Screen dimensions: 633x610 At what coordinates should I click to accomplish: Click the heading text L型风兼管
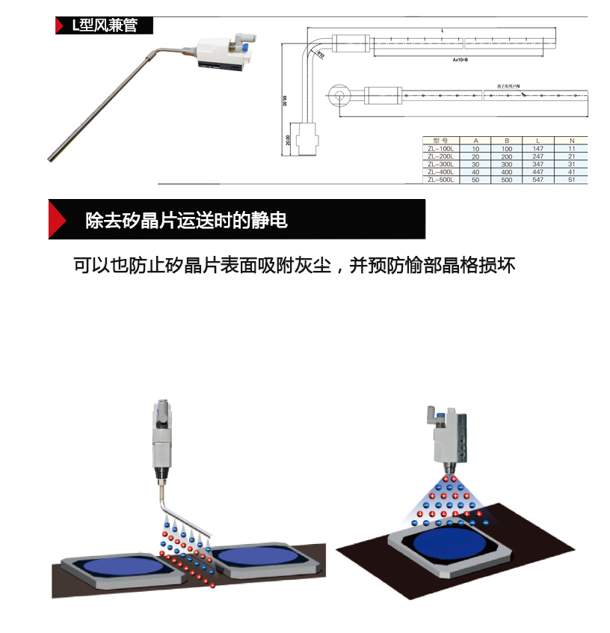tap(104, 25)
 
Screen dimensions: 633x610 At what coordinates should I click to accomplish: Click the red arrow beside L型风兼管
tap(60, 25)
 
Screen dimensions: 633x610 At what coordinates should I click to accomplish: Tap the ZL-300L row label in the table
tap(440, 164)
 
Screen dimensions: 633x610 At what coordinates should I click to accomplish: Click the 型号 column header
tap(440, 140)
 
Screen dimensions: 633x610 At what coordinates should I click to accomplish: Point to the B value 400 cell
tap(507, 172)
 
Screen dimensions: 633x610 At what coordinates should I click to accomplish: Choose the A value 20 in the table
tap(475, 156)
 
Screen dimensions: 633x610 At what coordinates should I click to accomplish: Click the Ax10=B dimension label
tap(460, 59)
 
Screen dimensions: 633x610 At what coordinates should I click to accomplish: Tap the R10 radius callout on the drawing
tap(320, 55)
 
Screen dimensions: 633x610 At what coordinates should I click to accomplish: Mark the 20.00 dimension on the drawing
tap(288, 140)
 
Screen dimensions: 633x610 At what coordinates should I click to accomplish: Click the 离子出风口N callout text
tap(508, 87)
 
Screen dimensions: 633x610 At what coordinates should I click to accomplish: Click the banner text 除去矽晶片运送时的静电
tap(186, 221)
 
